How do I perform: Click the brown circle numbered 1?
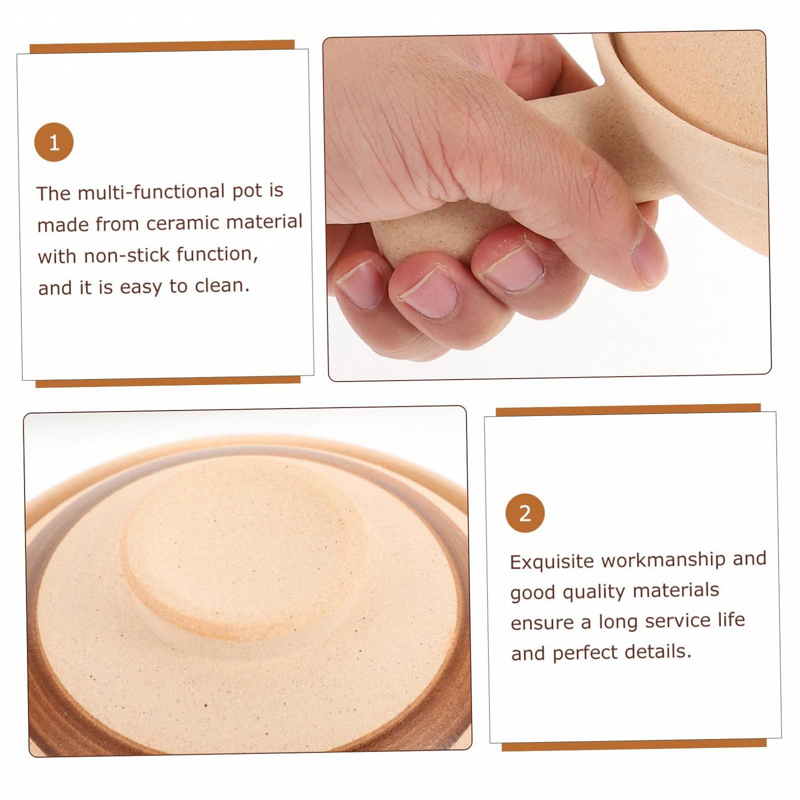54,142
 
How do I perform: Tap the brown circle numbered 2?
525,513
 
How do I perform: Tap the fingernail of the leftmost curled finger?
359,284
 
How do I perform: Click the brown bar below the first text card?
168,382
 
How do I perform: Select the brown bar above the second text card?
628,409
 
